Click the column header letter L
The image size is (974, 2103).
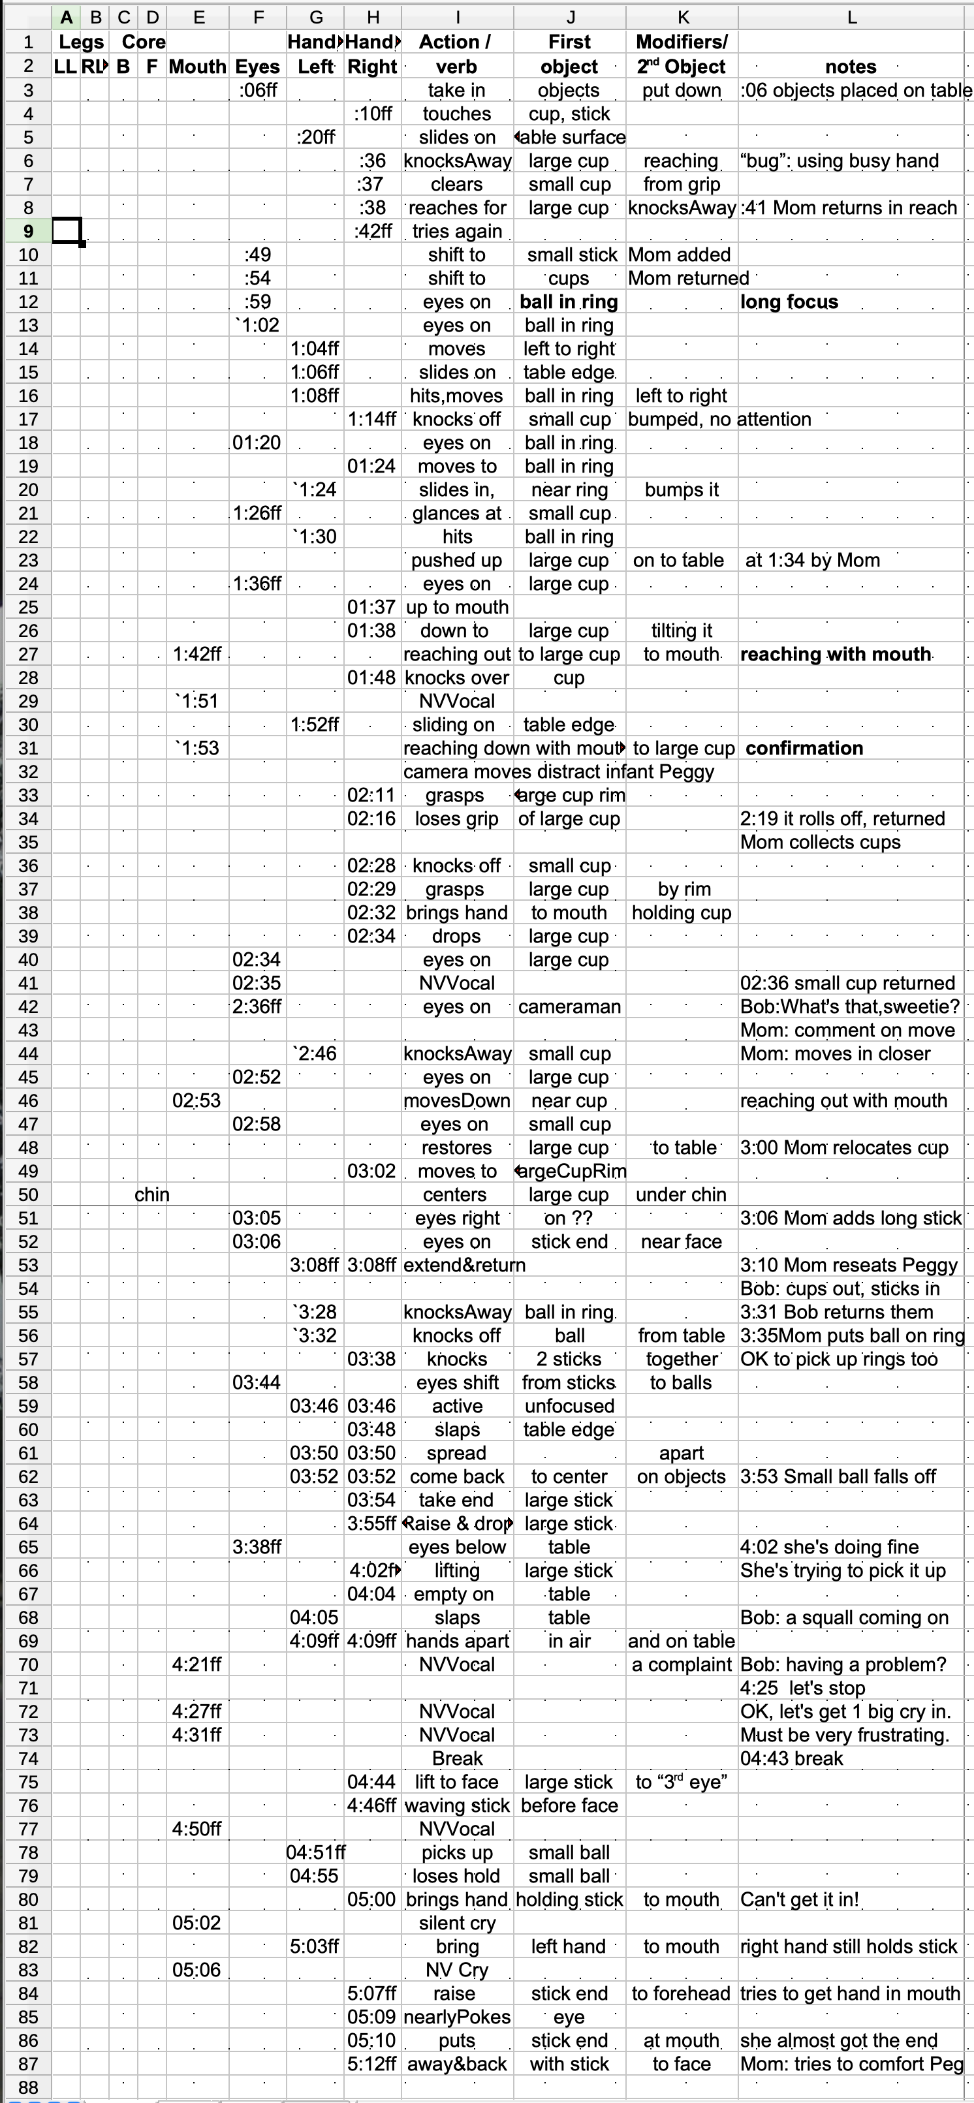851,17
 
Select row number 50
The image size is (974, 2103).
29,1195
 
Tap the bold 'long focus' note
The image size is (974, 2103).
789,302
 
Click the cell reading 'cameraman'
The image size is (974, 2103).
569,1007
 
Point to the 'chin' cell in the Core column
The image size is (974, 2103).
152,1195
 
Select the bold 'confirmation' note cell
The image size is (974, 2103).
804,749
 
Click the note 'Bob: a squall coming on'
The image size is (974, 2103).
844,1618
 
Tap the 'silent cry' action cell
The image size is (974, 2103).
457,1924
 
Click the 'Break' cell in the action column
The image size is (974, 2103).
457,1758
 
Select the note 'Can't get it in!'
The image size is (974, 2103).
799,1900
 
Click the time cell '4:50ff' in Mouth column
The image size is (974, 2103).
196,1830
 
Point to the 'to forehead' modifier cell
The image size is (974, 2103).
681,1993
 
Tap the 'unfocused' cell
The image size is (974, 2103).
569,1407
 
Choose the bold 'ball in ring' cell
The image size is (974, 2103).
569,302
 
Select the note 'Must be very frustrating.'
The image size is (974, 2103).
844,1736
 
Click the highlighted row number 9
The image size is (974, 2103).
29,232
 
